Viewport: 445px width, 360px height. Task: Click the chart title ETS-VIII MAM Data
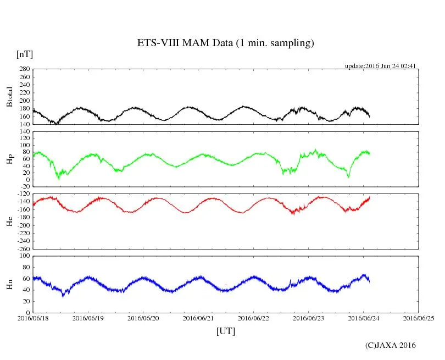tap(225, 43)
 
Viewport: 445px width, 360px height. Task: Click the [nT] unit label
tap(25, 54)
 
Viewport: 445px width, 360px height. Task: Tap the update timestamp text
tap(380, 66)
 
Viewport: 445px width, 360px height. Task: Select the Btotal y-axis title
tap(9, 97)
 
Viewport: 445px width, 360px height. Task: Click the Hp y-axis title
tap(9, 159)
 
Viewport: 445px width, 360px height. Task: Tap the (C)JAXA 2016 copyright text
tap(390, 345)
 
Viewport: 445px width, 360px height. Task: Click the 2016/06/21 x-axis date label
tap(199, 318)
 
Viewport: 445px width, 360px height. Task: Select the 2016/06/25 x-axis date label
tap(419, 318)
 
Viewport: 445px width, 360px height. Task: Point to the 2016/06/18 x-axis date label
tap(33, 318)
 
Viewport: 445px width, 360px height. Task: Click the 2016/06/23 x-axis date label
tap(309, 318)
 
